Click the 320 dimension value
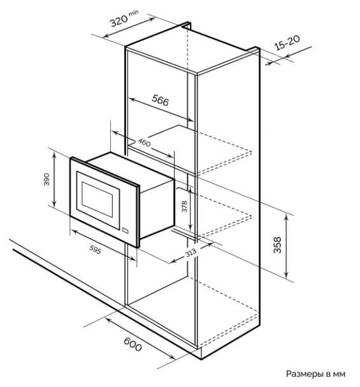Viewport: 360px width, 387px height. click(x=119, y=20)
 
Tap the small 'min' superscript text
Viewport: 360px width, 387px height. click(x=134, y=13)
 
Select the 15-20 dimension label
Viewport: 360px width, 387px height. click(x=287, y=43)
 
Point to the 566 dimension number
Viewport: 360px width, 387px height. click(x=161, y=100)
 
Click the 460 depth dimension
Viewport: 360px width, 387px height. click(x=144, y=142)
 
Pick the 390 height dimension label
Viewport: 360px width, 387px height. click(x=47, y=179)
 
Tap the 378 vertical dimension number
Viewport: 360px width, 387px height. click(x=184, y=207)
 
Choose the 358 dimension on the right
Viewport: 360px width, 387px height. click(x=277, y=245)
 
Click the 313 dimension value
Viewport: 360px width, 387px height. click(x=191, y=252)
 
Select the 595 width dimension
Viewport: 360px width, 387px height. click(x=95, y=250)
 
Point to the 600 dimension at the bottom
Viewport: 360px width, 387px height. click(x=133, y=344)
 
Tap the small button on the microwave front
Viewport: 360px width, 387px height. click(x=126, y=231)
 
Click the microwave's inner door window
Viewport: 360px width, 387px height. click(x=97, y=200)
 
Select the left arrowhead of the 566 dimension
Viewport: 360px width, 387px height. click(x=132, y=99)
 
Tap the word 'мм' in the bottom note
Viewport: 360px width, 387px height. click(x=339, y=374)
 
